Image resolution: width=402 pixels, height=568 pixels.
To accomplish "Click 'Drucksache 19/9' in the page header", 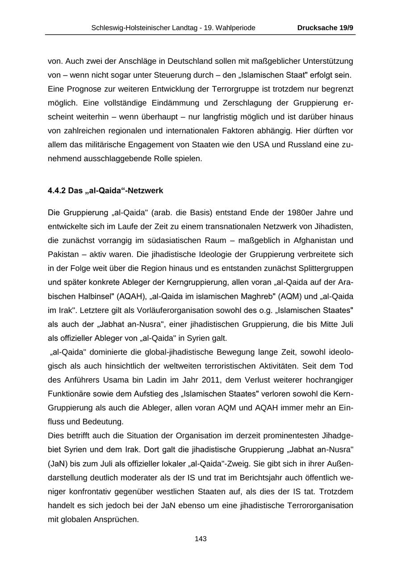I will (326, 28).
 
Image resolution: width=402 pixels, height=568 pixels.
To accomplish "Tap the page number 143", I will (201, 539).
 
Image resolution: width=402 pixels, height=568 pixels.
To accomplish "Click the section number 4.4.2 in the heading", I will (57, 191).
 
